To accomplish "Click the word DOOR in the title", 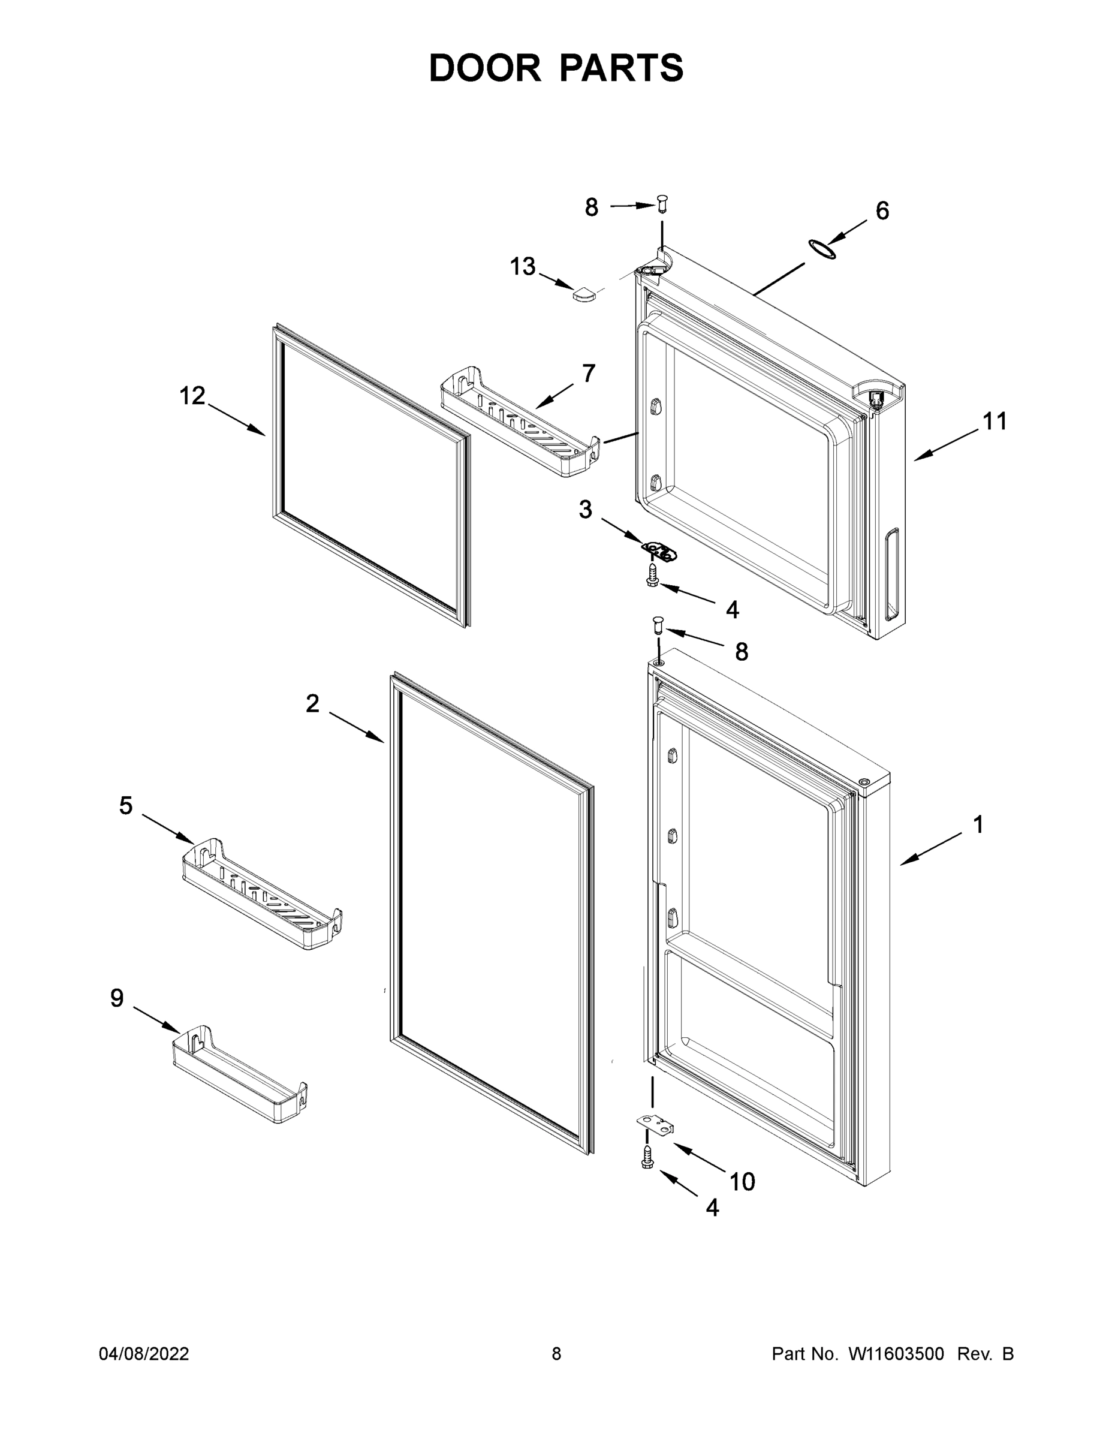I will [x=484, y=68].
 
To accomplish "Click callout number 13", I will [x=522, y=267].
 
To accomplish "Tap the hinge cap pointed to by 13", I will [x=583, y=294].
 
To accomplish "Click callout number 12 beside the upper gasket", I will [x=192, y=396].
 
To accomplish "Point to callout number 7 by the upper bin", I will [x=588, y=373].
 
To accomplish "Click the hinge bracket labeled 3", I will [x=659, y=552].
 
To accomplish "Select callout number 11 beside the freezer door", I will [x=995, y=421].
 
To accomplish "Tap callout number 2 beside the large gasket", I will [x=312, y=704].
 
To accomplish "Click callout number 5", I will [x=126, y=805].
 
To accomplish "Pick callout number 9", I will [x=117, y=998].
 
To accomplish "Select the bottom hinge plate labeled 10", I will [x=655, y=1125].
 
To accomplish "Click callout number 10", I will [x=742, y=1182].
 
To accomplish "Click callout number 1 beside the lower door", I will [x=978, y=824].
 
